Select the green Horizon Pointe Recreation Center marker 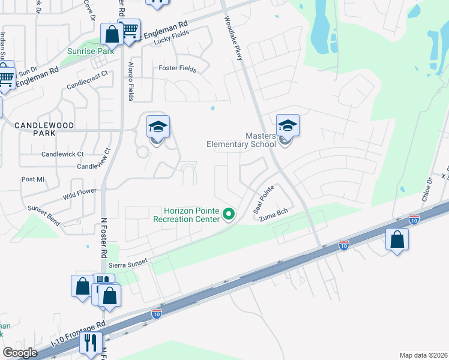tap(228, 214)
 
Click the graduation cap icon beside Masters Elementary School tap(288, 126)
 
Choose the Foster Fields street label tap(177, 69)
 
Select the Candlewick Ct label tap(62, 154)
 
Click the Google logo tap(20, 353)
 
